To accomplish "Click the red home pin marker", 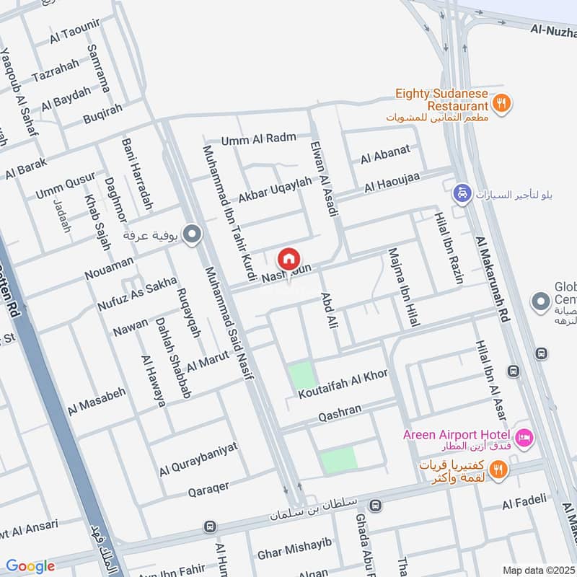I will (288, 258).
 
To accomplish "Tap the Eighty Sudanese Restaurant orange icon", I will (504, 103).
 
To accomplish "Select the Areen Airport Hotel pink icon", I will (524, 436).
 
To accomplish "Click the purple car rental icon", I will (461, 193).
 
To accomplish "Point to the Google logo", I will (30, 566).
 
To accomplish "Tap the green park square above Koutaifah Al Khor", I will (302, 376).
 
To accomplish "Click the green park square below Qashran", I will (338, 459).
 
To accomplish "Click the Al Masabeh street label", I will (97, 401).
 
